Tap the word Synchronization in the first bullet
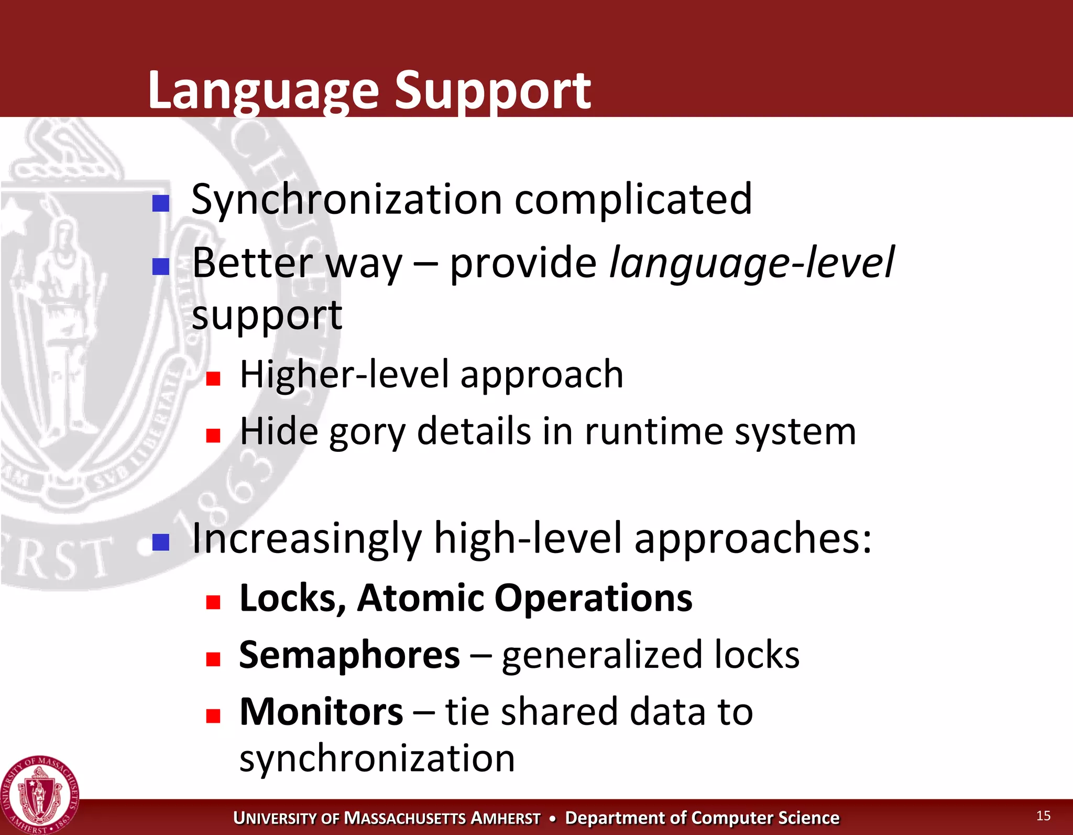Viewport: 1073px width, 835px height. click(x=346, y=200)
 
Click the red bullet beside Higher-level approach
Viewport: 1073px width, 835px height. click(x=213, y=378)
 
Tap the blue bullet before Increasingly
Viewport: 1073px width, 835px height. click(x=161, y=543)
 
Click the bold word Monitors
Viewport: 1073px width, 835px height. click(x=321, y=712)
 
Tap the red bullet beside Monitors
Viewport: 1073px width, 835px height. click(x=213, y=716)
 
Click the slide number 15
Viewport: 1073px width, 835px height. click(x=1043, y=816)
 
